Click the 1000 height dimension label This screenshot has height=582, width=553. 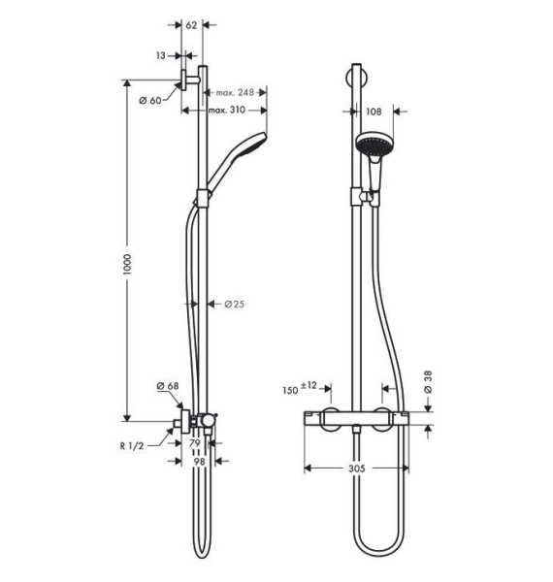[x=127, y=263]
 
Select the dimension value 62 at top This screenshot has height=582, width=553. [x=191, y=23]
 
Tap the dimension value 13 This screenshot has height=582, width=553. [x=161, y=55]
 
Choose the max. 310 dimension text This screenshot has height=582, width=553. [x=224, y=111]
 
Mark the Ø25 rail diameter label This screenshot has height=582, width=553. [x=234, y=304]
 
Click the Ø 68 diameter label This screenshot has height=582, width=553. [x=168, y=386]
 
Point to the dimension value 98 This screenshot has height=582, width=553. [x=199, y=463]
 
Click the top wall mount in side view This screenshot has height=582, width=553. [x=188, y=81]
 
